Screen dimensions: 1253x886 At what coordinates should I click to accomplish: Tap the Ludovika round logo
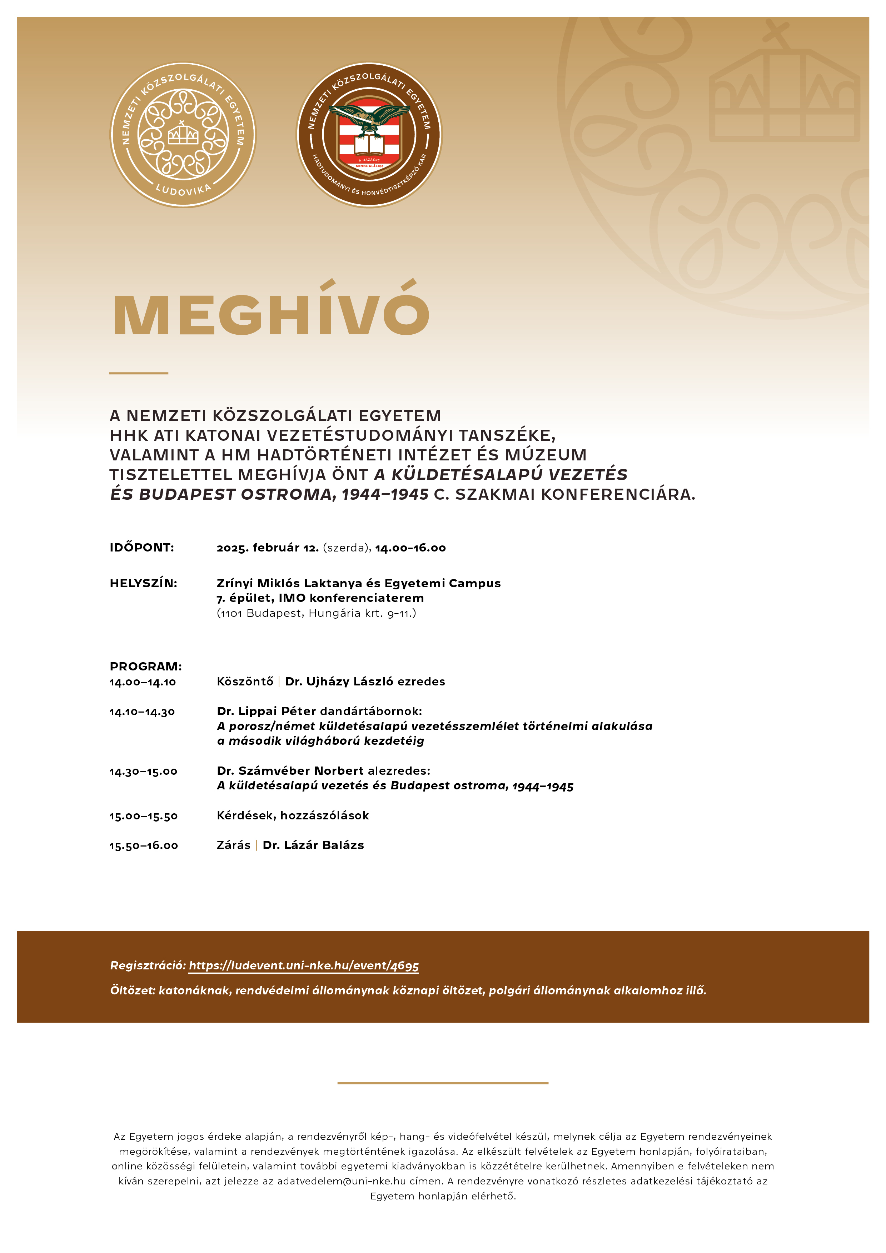pyautogui.click(x=183, y=135)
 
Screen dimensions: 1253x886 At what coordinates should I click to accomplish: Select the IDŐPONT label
pyautogui.click(x=142, y=547)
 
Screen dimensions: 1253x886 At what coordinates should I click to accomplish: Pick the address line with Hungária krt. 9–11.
pyautogui.click(x=317, y=613)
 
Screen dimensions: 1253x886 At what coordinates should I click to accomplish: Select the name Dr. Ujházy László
pyautogui.click(x=339, y=682)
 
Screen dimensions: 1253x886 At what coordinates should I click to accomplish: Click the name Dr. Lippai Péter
pyautogui.click(x=267, y=711)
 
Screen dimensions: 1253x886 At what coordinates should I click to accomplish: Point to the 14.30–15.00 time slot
pyautogui.click(x=143, y=771)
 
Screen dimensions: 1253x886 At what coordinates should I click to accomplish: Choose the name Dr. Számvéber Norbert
pyautogui.click(x=290, y=770)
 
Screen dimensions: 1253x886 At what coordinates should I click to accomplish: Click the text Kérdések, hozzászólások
pyautogui.click(x=293, y=815)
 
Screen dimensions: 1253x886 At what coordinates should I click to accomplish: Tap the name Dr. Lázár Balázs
pyautogui.click(x=313, y=845)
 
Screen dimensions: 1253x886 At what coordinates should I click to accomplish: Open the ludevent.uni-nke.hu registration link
pyautogui.click(x=304, y=965)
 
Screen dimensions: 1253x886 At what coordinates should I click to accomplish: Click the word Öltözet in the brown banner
pyautogui.click(x=131, y=990)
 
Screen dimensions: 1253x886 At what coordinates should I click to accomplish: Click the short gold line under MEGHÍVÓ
pyautogui.click(x=139, y=373)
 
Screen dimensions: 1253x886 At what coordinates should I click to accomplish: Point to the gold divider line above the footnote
pyautogui.click(x=443, y=1083)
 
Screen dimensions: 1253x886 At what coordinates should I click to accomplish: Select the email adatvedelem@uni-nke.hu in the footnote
pyautogui.click(x=341, y=1181)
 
